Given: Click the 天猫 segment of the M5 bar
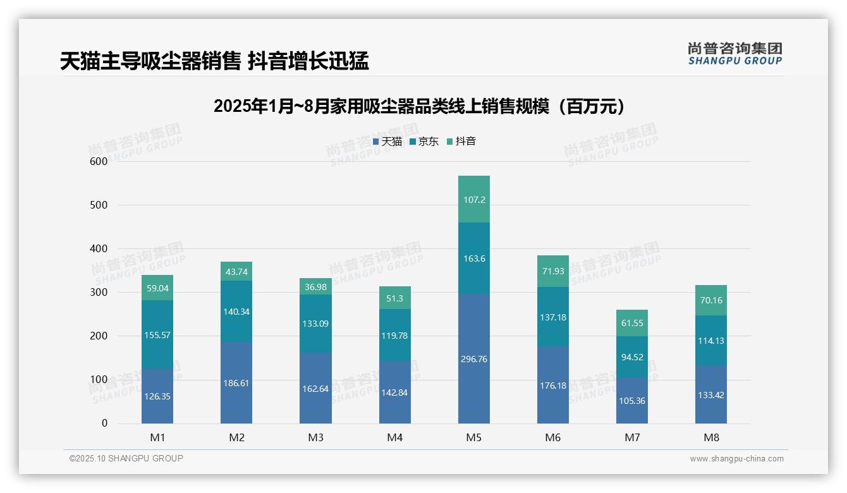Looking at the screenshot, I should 473,358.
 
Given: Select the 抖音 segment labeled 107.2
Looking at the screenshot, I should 473,199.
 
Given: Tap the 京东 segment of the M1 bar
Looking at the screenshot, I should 157,334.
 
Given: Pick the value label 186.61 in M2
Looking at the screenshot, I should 236,383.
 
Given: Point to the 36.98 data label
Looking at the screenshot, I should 315,287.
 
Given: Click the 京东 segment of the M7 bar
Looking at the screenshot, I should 631,356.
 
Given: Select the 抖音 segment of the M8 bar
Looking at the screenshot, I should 710,300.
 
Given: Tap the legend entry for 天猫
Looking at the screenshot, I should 387,142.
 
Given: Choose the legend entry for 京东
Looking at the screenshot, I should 424,142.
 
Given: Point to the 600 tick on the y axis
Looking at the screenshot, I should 99,161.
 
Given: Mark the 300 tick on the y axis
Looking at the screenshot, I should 99,292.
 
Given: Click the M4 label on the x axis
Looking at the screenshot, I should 394,437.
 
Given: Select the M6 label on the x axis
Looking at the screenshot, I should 552,437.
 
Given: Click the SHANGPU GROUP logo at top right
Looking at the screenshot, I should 734,54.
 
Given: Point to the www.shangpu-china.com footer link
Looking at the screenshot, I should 736,459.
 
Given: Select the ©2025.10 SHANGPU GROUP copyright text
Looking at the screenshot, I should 126,458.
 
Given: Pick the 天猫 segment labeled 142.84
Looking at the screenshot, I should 394,392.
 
